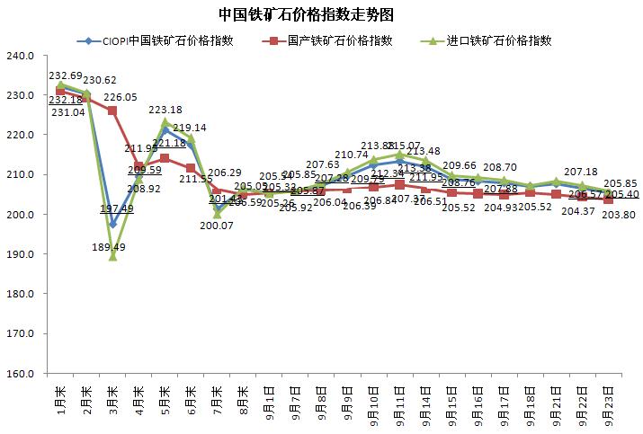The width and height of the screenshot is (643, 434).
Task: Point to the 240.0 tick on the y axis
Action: click(x=19, y=56)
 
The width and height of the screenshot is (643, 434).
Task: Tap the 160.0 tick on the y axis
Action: click(x=19, y=373)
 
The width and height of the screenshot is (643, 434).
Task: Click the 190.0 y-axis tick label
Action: click(x=19, y=254)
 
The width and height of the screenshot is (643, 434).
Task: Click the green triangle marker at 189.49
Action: click(x=112, y=256)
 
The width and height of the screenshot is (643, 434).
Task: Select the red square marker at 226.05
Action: click(x=112, y=111)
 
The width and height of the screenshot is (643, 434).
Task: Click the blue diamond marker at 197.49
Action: click(x=112, y=225)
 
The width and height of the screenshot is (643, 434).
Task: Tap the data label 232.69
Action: click(x=66, y=75)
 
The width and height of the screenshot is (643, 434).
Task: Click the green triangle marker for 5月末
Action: click(x=165, y=122)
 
